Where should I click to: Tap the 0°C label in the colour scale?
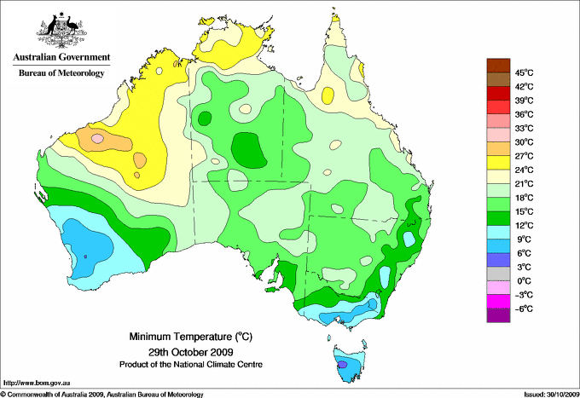pos(522,280)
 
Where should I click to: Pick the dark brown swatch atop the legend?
pos(496,66)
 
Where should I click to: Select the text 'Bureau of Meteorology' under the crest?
pos(61,73)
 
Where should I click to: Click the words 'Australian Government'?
pos(61,58)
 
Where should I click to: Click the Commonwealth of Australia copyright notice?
pos(102,394)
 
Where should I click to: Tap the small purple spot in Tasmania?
pos(343,365)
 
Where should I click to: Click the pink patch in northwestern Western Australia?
pos(97,137)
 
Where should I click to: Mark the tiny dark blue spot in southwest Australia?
pos(85,256)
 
